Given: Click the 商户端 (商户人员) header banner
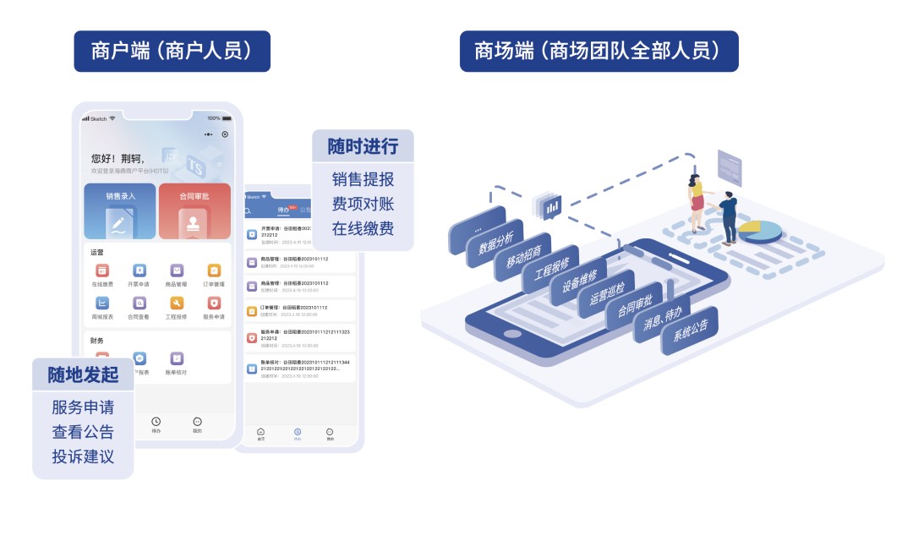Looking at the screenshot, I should coord(172,52).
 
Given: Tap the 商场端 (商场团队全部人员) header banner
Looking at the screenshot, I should coord(599,52).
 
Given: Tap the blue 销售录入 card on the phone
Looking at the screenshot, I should coord(120,210).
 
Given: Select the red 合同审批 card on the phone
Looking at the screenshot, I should coord(194,210).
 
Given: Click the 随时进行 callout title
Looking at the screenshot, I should coord(363,146).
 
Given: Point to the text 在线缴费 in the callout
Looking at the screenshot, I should coord(363,228).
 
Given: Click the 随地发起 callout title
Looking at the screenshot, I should coord(83,374).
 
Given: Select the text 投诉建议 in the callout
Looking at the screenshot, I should coord(83,456).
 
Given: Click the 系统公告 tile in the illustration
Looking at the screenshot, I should coord(690,331).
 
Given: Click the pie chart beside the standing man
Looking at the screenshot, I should coord(760,229).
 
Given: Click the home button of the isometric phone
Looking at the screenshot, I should coord(512,333).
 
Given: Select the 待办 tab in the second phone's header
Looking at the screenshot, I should coord(284,209).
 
